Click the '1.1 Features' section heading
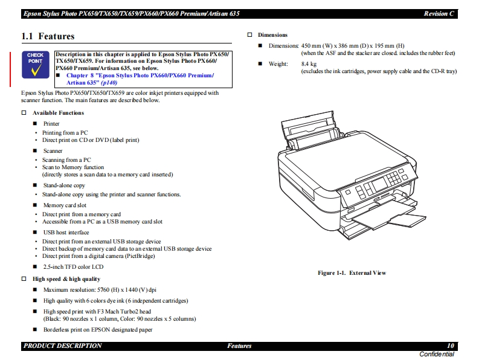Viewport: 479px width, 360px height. click(48, 37)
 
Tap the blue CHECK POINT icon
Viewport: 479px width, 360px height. click(36, 65)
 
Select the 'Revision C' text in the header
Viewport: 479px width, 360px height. click(439, 13)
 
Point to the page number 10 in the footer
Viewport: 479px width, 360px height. click(450, 346)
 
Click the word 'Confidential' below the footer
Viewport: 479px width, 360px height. click(437, 354)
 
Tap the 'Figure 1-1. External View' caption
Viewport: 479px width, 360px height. click(352, 273)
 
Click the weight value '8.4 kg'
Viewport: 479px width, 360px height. click(309, 63)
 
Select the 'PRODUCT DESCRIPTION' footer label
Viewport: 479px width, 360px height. click(63, 346)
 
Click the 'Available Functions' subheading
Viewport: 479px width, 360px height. click(58, 113)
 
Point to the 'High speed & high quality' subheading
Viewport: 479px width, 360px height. click(66, 279)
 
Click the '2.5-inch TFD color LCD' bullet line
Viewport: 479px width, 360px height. click(73, 266)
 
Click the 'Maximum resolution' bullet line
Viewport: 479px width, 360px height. click(100, 290)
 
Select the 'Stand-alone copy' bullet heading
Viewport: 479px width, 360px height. click(64, 185)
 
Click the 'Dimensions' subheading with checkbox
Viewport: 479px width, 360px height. click(272, 35)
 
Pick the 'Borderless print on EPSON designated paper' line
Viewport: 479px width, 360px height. click(98, 330)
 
